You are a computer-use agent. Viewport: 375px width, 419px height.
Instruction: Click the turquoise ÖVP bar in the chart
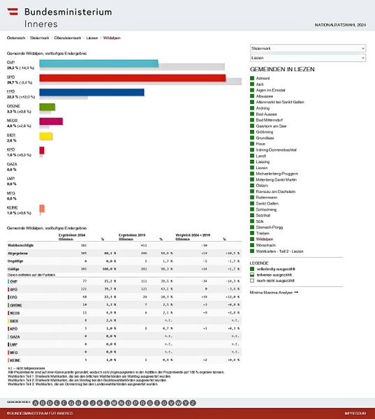(98, 63)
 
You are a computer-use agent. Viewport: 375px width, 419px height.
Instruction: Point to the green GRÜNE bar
(47, 107)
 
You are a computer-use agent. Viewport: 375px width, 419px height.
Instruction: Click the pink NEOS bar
(51, 122)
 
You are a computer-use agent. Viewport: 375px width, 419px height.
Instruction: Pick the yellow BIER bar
(46, 135)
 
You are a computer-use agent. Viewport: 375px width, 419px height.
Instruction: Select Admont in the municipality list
(265, 78)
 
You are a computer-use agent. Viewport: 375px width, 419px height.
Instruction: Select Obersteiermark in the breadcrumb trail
(67, 37)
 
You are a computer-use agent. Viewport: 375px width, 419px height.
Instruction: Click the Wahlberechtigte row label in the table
(20, 246)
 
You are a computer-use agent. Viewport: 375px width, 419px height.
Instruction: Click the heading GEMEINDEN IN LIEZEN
(282, 70)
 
